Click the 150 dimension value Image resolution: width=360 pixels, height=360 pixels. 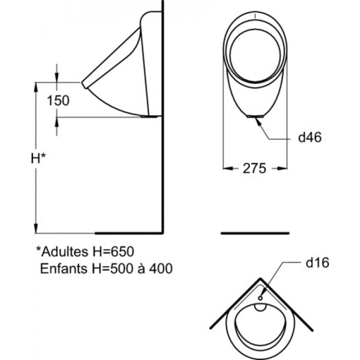58,101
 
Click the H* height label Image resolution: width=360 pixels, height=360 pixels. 38,158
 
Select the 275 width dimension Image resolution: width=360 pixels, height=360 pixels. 254,168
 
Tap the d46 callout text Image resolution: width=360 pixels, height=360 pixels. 310,137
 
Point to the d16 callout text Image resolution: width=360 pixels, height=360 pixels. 317,263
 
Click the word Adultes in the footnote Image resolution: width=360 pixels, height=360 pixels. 65,251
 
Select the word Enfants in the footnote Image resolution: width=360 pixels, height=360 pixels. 64,268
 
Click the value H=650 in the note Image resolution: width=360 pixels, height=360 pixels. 113,251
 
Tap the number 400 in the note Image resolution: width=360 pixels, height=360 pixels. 161,268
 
